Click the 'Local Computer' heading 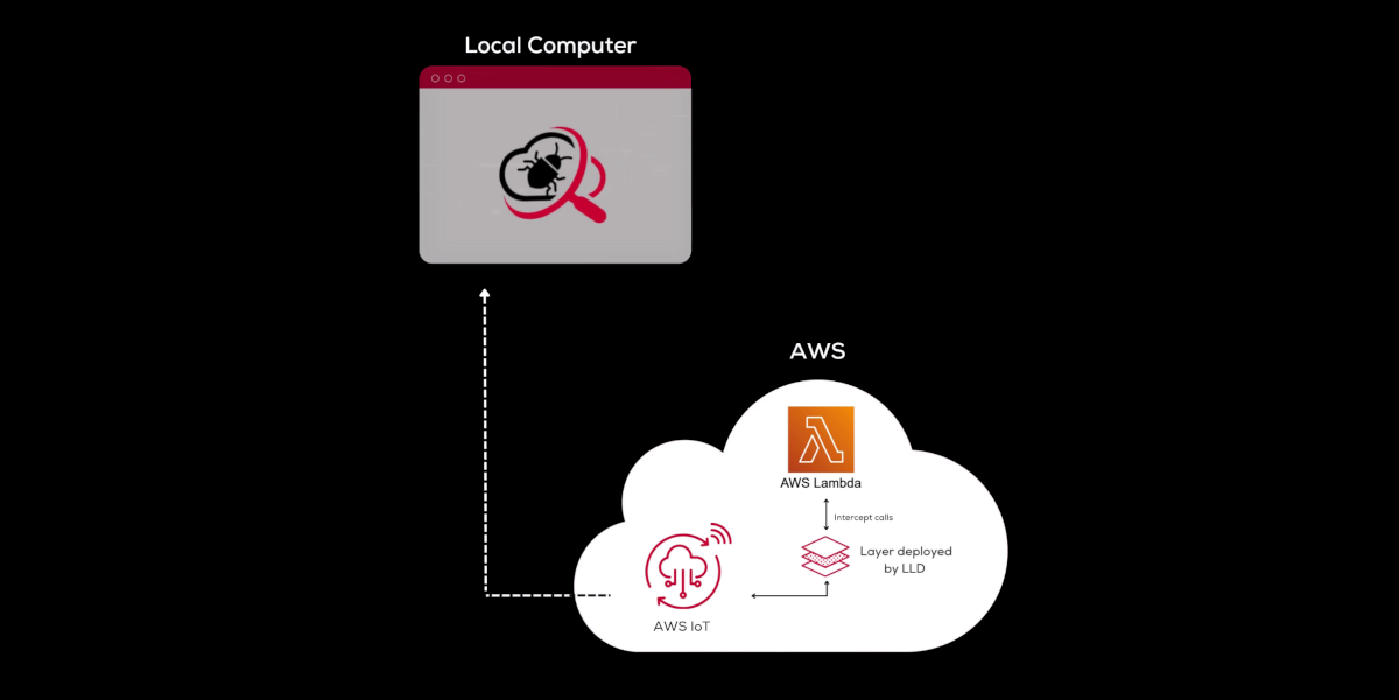[550, 45]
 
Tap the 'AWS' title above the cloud [817, 351]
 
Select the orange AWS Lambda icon [821, 439]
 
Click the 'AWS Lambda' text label [821, 483]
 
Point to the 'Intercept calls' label [863, 517]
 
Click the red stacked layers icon [825, 556]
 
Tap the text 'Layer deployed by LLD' [905, 559]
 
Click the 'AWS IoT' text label [681, 626]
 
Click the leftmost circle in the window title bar [435, 78]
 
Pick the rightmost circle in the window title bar [461, 78]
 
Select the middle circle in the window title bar [448, 78]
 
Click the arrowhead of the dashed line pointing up [484, 294]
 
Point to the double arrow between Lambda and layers [826, 514]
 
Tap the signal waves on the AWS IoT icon [722, 533]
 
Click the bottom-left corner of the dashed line [486, 595]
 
